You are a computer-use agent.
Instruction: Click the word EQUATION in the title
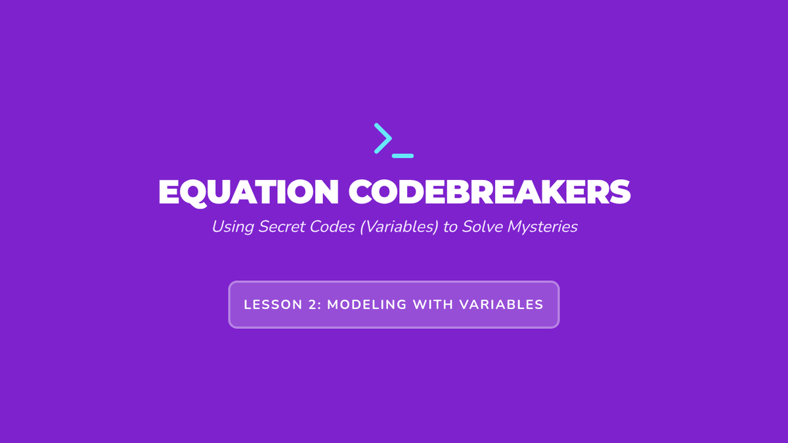click(x=248, y=192)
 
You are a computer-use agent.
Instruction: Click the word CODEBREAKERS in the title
click(x=489, y=192)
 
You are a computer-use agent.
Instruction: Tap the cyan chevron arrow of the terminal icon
click(x=383, y=138)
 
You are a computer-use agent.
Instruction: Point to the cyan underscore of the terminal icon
click(x=403, y=156)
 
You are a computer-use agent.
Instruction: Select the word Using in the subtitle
click(x=232, y=227)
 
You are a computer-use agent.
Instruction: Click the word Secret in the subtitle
click(x=282, y=227)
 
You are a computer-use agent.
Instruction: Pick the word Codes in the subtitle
click(x=332, y=227)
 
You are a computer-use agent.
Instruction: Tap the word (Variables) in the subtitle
click(x=399, y=227)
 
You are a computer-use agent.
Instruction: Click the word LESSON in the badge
click(x=273, y=305)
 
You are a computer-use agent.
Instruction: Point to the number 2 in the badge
click(x=313, y=305)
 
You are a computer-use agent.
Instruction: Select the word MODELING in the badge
click(x=367, y=305)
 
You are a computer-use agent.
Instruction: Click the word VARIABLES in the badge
click(x=501, y=305)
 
